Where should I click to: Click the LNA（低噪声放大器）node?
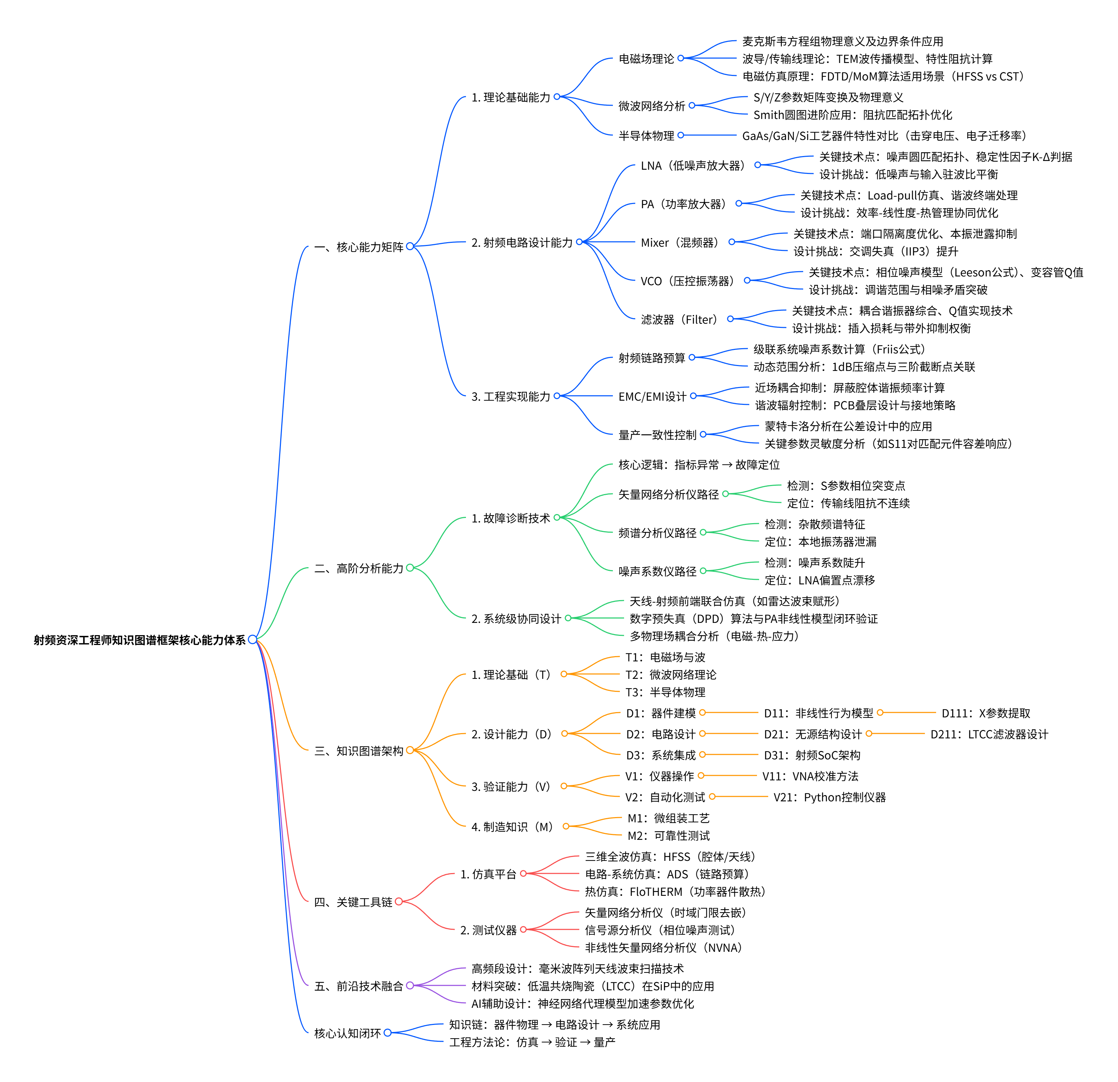[693, 166]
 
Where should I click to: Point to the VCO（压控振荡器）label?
[687, 281]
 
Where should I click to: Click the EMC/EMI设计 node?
[652, 396]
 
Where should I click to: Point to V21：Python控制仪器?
[829, 797]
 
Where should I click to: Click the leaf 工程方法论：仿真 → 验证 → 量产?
[532, 1042]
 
